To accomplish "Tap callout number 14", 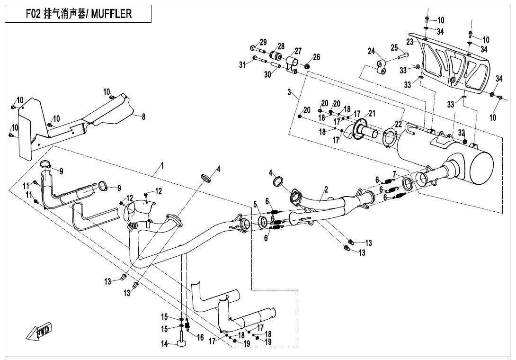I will click(164, 344).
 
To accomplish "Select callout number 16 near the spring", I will click(200, 337).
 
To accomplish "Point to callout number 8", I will click(144, 117).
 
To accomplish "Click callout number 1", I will click(162, 166).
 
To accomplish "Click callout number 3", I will click(289, 92).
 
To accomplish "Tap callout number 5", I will click(255, 204).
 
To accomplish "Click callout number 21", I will click(372, 113).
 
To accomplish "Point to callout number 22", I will click(399, 124).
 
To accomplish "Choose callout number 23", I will click(409, 42).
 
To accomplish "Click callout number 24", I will click(372, 51).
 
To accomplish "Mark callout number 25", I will click(394, 47).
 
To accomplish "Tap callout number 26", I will click(316, 57).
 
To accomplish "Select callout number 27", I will click(298, 51).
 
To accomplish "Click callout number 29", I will click(263, 42).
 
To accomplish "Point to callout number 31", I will click(242, 64).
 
